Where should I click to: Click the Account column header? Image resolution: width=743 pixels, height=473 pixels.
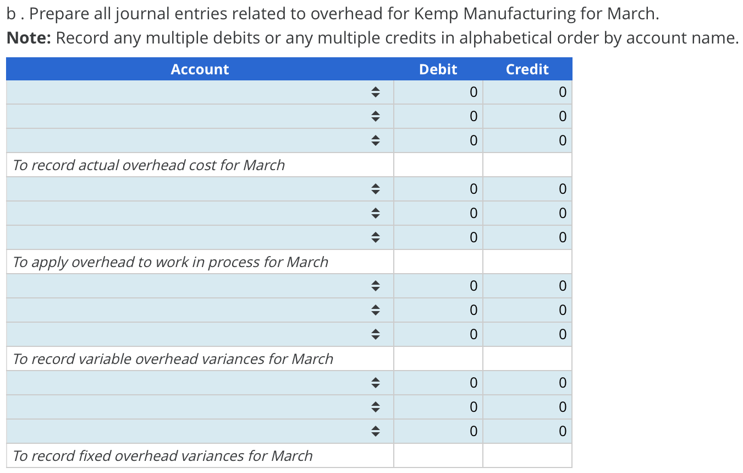200,69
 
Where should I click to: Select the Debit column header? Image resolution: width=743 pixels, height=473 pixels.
438,69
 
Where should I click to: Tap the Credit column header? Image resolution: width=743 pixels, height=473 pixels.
527,69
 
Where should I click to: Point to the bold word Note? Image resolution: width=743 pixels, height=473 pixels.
29,38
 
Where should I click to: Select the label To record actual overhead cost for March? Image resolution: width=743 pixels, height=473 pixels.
148,165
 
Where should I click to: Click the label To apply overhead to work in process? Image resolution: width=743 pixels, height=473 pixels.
170,262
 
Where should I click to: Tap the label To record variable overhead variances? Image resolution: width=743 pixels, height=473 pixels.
173,359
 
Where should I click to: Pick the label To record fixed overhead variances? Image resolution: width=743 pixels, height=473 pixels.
162,456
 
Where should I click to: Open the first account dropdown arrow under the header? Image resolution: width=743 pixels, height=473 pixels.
375,93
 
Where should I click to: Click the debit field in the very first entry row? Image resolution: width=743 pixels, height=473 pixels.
438,93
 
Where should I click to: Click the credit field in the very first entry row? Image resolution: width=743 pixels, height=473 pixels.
527,93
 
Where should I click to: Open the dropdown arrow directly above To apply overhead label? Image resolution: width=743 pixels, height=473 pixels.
375,237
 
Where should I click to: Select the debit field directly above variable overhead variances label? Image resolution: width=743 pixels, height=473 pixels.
438,334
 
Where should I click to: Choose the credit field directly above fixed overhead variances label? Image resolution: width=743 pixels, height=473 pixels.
527,431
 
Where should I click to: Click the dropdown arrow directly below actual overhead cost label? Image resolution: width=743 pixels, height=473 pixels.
375,189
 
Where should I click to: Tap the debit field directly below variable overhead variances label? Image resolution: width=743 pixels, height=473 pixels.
438,382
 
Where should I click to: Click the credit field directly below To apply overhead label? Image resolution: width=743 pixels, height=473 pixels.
527,286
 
